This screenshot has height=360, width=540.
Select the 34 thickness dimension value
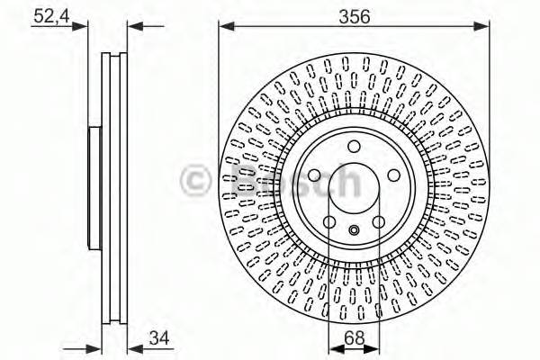158,337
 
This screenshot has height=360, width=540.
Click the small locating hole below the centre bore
354,230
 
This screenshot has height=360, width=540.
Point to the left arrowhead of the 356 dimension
223,25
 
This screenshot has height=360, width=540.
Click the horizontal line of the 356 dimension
288,25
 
